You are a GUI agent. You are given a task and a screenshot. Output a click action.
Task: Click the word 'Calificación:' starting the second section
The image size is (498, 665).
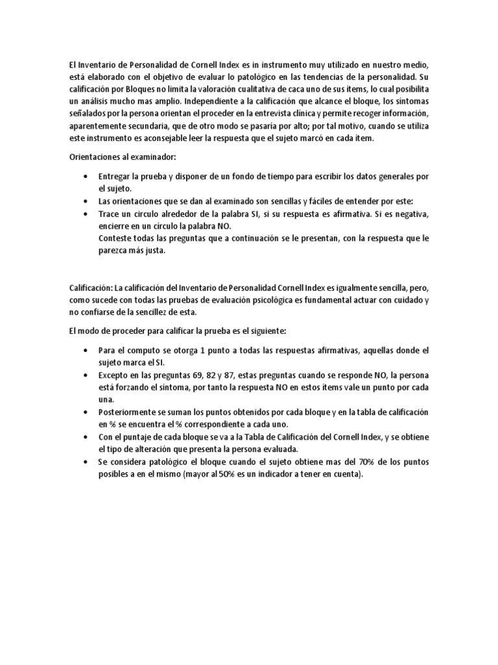tap(90, 287)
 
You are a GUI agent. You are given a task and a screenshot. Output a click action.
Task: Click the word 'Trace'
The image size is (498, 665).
tap(109, 214)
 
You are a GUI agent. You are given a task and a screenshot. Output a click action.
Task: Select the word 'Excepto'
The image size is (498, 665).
tap(113, 376)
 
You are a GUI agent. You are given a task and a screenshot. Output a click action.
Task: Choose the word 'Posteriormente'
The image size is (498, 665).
tap(128, 413)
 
